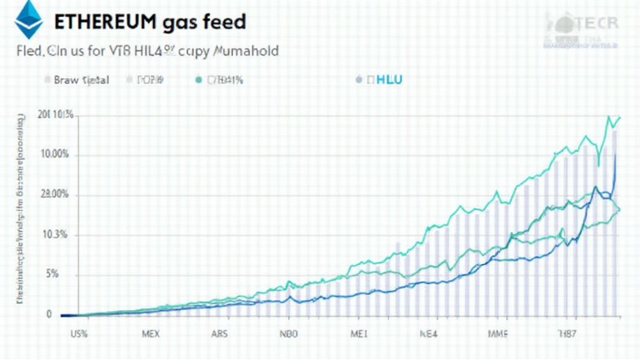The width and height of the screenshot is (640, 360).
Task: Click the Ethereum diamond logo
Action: pyautogui.click(x=29, y=20)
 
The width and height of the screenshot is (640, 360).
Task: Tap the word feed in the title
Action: pyautogui.click(x=224, y=22)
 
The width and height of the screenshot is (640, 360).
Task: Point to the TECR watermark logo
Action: pyautogui.click(x=581, y=28)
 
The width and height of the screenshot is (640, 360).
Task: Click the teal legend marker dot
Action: pyautogui.click(x=199, y=80)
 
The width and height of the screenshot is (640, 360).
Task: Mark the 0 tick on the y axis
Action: pyautogui.click(x=49, y=314)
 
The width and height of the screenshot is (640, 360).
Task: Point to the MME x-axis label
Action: pyautogui.click(x=497, y=334)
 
